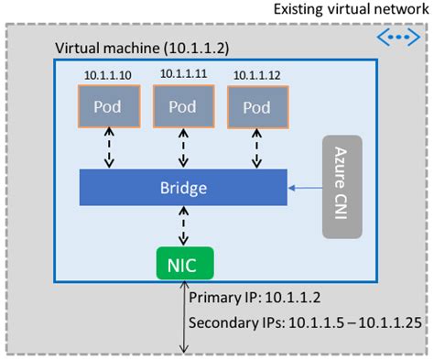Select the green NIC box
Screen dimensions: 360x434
184,263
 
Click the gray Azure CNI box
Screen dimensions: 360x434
342,188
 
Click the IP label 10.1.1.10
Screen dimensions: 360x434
108,74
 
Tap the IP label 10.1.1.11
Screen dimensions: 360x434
182,74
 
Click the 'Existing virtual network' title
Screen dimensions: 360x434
349,10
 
